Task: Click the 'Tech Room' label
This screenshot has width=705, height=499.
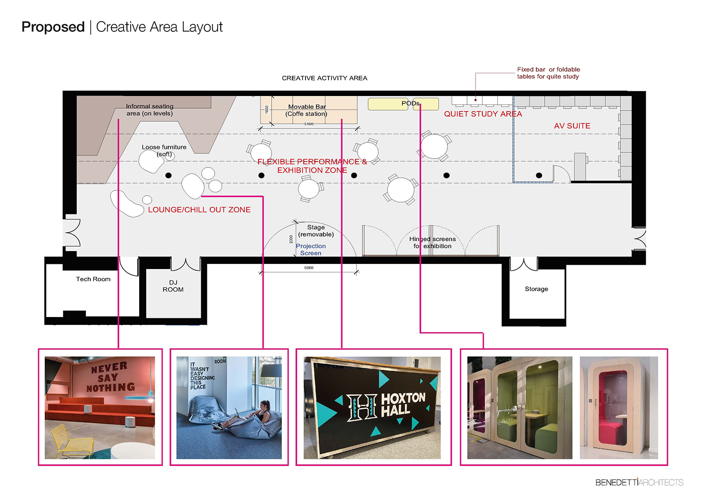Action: (x=93, y=279)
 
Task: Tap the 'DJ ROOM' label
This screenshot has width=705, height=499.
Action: (x=173, y=286)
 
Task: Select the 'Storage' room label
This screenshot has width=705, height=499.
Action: (x=536, y=289)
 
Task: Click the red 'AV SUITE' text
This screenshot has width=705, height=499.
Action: (x=572, y=126)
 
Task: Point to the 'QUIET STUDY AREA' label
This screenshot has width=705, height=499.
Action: (x=483, y=114)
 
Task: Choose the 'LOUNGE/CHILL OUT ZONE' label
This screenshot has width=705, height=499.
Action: (x=199, y=210)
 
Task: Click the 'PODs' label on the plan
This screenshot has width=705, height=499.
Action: (x=410, y=103)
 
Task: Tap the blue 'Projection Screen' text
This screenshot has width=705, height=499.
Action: (x=311, y=250)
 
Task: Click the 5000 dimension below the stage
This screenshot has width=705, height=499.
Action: (x=309, y=268)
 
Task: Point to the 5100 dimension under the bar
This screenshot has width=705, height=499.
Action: (x=309, y=124)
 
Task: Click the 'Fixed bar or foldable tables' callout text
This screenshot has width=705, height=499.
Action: (x=548, y=73)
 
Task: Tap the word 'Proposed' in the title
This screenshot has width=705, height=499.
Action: (x=53, y=27)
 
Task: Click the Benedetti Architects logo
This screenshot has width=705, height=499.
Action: (x=639, y=482)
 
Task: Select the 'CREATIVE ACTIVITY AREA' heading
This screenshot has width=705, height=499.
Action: (x=324, y=78)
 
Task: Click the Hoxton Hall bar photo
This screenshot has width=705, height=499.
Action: (x=372, y=407)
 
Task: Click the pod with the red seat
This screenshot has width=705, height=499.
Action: (x=619, y=407)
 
